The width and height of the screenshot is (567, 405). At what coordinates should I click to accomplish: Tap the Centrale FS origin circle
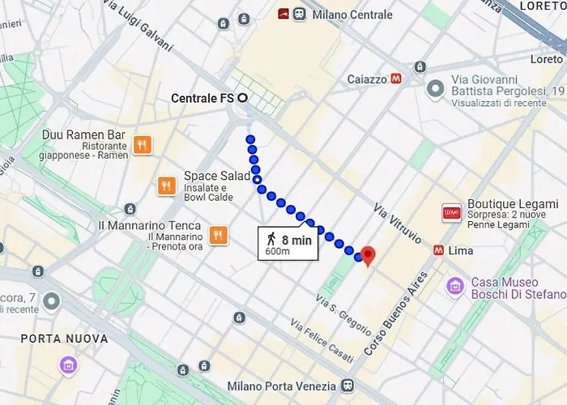point(241,98)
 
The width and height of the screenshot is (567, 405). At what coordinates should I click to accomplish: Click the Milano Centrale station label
point(353,15)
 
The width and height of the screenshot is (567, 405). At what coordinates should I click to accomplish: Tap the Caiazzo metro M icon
point(396,79)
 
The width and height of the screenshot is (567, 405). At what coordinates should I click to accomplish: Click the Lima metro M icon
point(438,250)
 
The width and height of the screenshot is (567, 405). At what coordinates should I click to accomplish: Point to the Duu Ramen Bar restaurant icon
point(142,144)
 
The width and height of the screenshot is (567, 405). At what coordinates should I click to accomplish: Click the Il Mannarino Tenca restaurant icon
point(217,235)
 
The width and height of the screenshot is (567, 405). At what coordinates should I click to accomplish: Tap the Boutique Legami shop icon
point(450,212)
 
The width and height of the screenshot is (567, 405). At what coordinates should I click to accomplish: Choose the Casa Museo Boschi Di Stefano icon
point(455,286)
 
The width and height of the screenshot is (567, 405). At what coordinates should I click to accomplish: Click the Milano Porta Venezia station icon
point(347,385)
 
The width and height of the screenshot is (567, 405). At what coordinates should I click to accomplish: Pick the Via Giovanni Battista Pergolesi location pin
point(436,87)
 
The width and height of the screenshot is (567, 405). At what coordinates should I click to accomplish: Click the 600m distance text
point(277,253)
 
